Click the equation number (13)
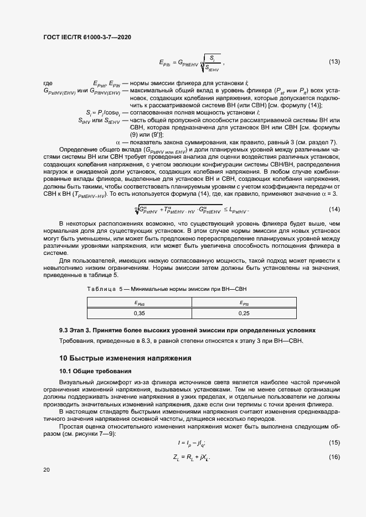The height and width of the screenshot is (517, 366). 334,61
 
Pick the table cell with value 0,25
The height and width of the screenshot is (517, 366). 244,312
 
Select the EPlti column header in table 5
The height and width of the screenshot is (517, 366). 244,302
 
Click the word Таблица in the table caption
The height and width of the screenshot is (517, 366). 101,289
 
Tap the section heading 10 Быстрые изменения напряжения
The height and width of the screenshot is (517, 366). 125,358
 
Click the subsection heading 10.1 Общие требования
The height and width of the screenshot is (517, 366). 95,370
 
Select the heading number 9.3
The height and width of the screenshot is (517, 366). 65,330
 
